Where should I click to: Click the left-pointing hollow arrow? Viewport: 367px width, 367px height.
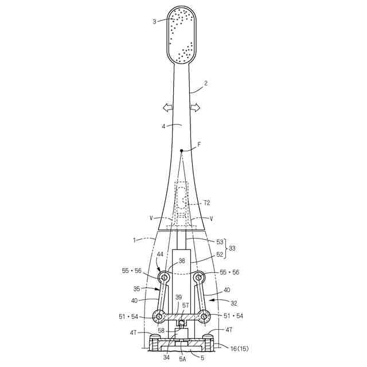point(168,108)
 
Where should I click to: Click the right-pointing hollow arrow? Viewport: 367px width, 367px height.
point(195,108)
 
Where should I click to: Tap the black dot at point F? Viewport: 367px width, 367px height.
point(181,151)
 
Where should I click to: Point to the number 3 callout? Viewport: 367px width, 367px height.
point(154,22)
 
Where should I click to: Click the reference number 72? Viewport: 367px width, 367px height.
point(207,204)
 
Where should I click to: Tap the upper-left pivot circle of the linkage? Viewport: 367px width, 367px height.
point(165,278)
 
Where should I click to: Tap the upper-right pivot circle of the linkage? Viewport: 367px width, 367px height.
point(199,278)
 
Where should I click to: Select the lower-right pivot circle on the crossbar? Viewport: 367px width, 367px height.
point(205,317)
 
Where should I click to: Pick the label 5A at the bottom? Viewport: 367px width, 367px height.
point(183,358)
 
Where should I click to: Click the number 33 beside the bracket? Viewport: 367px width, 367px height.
point(232,249)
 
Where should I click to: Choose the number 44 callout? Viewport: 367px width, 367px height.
point(160,254)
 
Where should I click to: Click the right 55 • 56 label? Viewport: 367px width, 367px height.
point(229,272)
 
